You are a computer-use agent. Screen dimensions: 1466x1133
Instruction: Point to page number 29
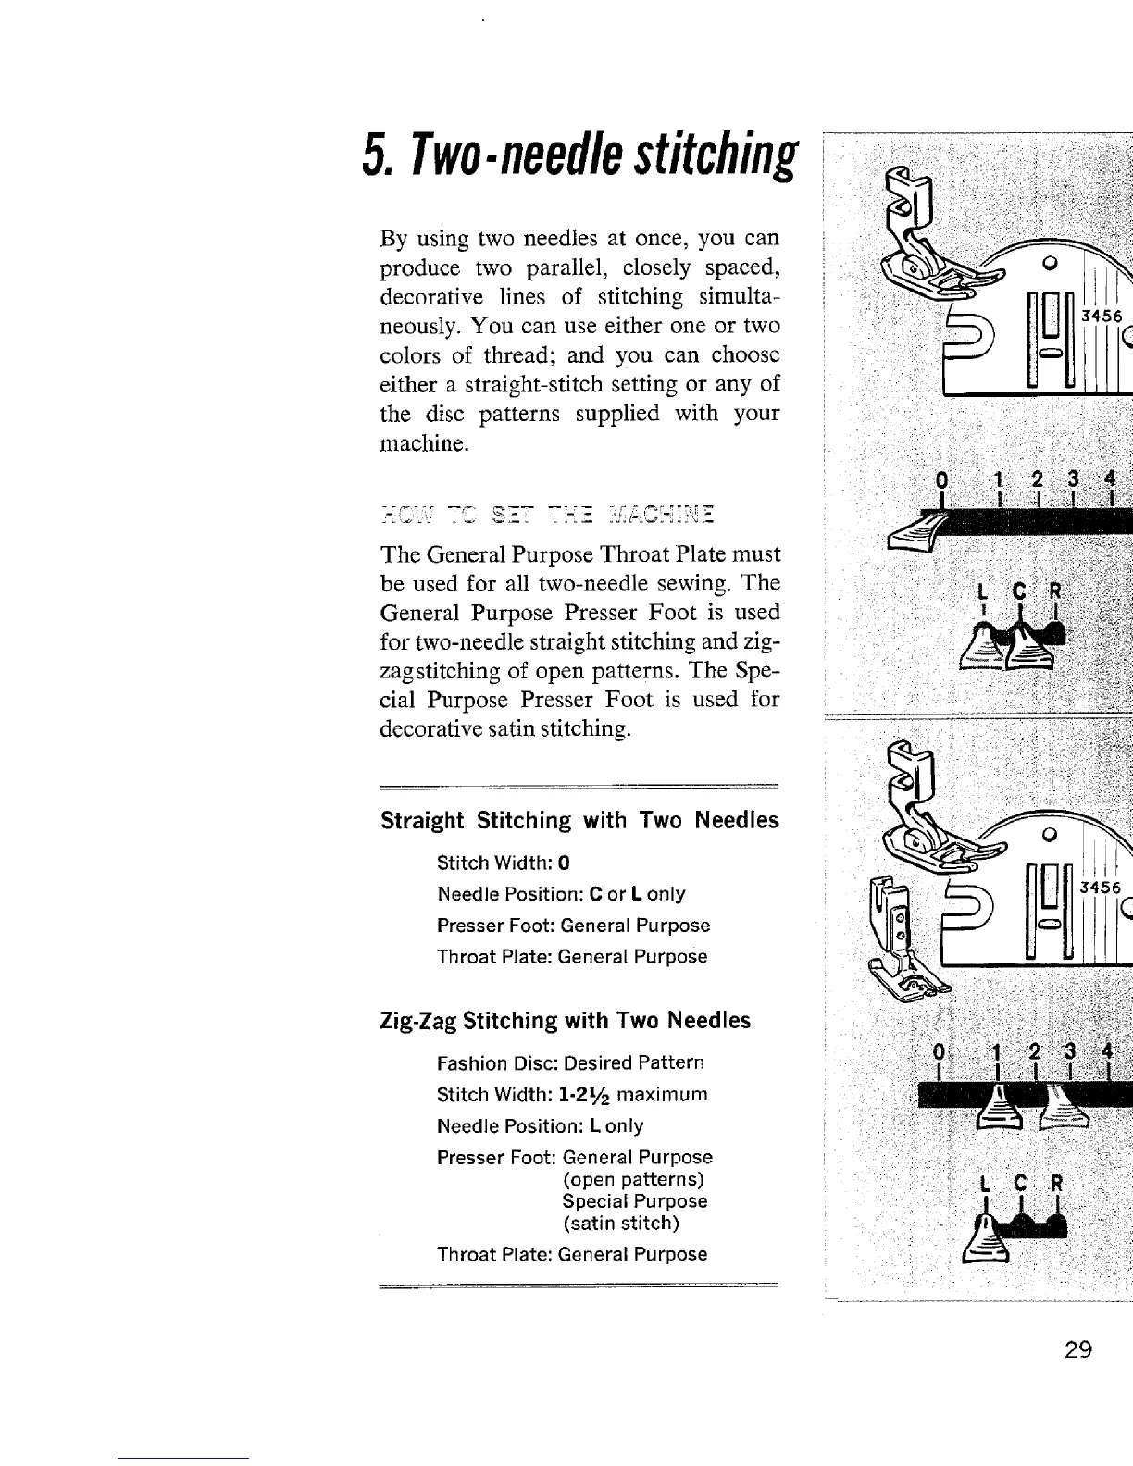pyautogui.click(x=1077, y=1349)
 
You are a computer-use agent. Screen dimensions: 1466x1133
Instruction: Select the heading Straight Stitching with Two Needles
pyautogui.click(x=579, y=821)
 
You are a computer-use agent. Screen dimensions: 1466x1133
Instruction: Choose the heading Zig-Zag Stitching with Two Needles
pyautogui.click(x=566, y=1021)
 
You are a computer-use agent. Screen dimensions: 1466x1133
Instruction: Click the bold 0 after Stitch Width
pyautogui.click(x=564, y=863)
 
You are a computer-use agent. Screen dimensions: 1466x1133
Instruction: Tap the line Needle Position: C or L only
pyautogui.click(x=561, y=894)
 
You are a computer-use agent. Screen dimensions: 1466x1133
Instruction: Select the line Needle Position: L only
pyautogui.click(x=540, y=1126)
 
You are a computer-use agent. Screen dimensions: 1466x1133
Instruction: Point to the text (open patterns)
pyautogui.click(x=633, y=1180)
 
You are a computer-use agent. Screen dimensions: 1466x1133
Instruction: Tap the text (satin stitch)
pyautogui.click(x=621, y=1224)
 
